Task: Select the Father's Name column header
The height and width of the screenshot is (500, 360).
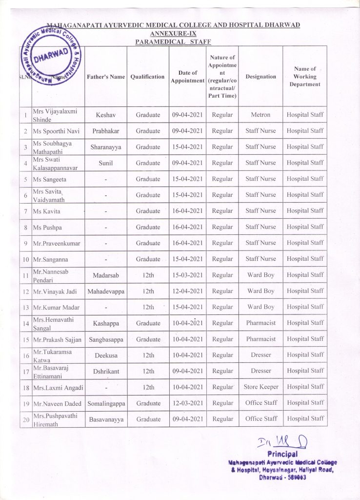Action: pos(106,77)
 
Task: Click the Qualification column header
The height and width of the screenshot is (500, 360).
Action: pos(148,77)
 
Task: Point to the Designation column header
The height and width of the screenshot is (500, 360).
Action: pos(260,77)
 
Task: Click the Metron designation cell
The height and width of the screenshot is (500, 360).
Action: pos(260,115)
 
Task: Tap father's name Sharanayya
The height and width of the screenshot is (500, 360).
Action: pos(106,146)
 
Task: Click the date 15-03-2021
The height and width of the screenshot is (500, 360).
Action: pos(187,275)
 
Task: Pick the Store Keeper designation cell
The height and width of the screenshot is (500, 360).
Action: pos(261,387)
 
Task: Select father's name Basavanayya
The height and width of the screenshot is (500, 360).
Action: pos(106,419)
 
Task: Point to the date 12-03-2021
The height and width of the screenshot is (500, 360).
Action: pos(187,403)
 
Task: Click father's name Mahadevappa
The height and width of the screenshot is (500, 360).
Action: pos(106,291)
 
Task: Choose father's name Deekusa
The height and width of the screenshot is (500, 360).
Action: pos(106,355)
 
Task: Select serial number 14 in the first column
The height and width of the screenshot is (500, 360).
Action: pos(25,323)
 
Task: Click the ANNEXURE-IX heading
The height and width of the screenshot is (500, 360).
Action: pos(173,33)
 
